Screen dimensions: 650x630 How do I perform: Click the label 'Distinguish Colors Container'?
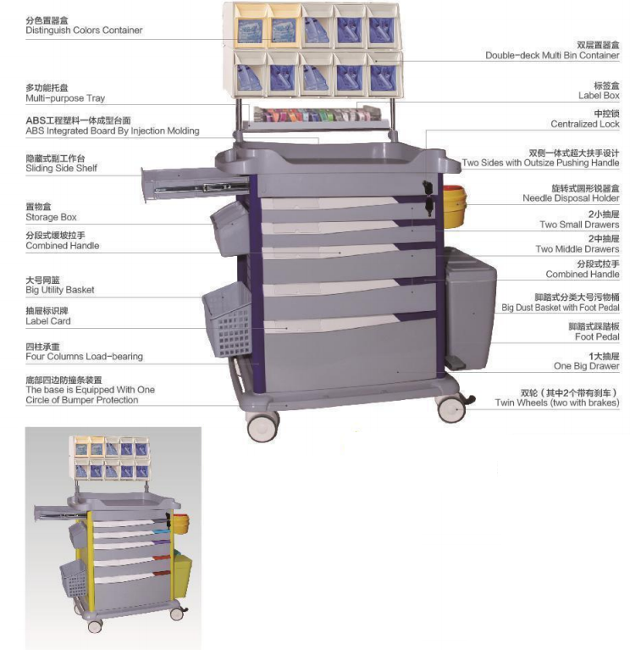[84, 31]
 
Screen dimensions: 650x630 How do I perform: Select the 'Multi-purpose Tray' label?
[65, 98]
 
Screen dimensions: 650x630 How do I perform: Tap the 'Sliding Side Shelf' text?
[61, 169]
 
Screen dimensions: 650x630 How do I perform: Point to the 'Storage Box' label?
[51, 217]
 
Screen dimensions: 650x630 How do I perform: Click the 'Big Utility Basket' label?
[59, 290]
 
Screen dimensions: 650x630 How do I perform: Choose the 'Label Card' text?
[48, 321]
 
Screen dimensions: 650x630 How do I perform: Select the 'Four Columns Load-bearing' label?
[84, 357]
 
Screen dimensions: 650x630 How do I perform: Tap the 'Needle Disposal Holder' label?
[571, 198]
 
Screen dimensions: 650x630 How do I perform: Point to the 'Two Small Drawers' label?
[579, 225]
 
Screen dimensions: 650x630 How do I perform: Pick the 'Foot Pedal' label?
[595, 336]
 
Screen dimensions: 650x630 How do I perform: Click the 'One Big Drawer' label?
[586, 366]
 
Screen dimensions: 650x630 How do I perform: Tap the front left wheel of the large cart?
[263, 425]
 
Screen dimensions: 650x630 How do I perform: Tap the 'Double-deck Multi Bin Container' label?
[552, 55]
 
